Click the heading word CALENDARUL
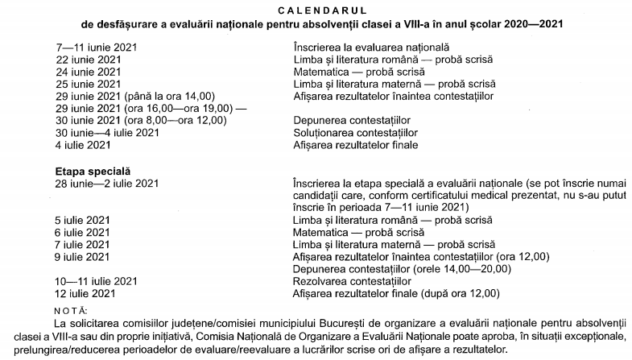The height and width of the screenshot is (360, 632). click(316, 9)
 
